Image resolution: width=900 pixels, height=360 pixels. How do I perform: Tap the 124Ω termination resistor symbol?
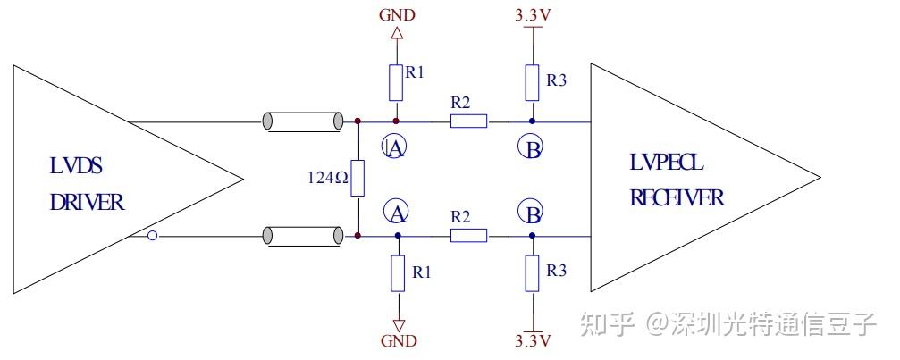[x=357, y=178]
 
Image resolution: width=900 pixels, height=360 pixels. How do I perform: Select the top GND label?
[x=397, y=15]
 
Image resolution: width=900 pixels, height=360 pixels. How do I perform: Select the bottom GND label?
[x=399, y=340]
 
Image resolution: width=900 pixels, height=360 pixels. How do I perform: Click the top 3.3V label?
[x=532, y=15]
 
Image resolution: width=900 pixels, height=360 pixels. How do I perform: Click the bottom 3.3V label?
[x=532, y=340]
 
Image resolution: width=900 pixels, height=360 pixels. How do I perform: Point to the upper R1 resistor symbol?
[x=397, y=82]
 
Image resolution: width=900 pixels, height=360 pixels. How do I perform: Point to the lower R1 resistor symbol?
[x=399, y=273]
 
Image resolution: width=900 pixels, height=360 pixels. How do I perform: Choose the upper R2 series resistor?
[x=468, y=121]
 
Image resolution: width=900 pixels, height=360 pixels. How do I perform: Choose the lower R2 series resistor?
[x=468, y=236]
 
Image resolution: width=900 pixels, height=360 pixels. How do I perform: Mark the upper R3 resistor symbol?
[x=532, y=82]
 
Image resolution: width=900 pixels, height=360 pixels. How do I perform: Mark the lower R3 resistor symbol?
[x=532, y=273]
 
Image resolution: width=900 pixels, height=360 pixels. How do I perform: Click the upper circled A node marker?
[x=396, y=148]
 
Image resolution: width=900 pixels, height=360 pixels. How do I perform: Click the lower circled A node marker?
[x=396, y=212]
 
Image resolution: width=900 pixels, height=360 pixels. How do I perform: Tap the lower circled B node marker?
[x=531, y=213]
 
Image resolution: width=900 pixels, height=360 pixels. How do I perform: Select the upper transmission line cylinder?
[x=303, y=121]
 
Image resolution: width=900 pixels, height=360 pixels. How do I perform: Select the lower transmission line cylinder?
[x=303, y=236]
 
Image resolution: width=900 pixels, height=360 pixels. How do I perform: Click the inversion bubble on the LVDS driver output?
[x=153, y=236]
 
